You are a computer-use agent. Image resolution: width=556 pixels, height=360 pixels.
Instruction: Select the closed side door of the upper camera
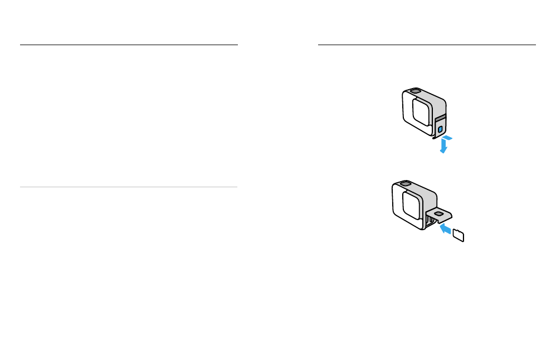coord(440,127)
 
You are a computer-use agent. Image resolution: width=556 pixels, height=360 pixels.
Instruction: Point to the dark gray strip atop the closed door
coord(440,118)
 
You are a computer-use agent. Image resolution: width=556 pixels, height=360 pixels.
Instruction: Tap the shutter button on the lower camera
coord(404,183)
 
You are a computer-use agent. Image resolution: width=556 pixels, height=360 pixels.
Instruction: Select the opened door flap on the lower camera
coord(440,213)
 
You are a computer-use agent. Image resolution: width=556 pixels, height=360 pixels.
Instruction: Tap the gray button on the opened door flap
coord(439,212)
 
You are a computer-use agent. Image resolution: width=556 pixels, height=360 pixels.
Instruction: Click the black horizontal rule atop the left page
coord(129,45)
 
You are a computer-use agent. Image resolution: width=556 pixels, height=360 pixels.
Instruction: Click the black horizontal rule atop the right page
coord(427,45)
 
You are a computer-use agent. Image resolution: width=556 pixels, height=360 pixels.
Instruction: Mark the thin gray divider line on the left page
coord(129,187)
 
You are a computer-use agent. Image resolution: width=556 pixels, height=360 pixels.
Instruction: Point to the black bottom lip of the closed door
coord(435,137)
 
